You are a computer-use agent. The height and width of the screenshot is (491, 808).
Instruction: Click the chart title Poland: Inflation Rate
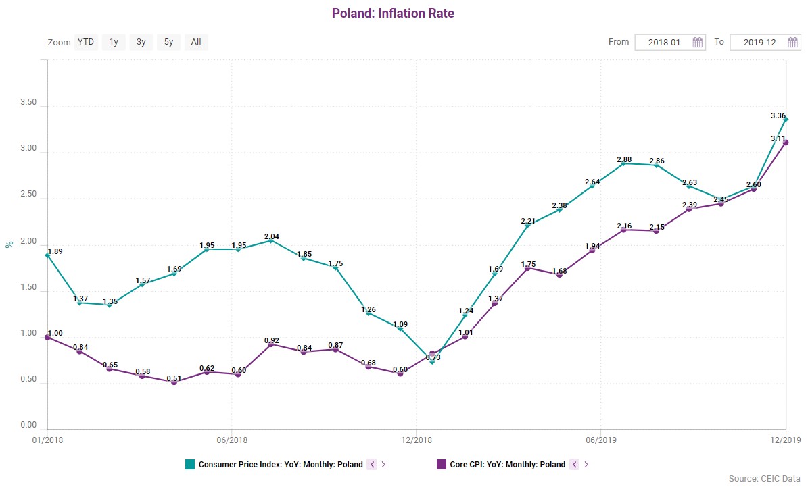(393, 14)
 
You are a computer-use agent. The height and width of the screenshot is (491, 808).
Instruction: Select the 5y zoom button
(168, 42)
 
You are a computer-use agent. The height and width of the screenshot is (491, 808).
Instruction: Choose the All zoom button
(196, 42)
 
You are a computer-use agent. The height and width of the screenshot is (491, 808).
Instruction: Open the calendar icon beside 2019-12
(793, 43)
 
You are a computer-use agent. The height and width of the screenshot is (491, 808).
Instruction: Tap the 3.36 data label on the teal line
(778, 116)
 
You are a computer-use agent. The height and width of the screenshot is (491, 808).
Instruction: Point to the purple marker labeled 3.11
(786, 143)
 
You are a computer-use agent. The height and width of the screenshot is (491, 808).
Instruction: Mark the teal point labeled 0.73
(432, 362)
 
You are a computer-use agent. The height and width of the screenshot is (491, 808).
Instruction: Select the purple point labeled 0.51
(174, 382)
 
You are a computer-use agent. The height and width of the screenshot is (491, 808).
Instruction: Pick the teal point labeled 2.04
(271, 240)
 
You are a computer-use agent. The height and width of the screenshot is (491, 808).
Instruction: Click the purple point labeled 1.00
(47, 337)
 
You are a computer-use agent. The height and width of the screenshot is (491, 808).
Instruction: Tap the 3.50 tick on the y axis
(28, 106)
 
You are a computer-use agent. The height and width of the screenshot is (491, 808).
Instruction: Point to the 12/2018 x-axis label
(417, 440)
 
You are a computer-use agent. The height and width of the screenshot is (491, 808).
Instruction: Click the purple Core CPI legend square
(442, 464)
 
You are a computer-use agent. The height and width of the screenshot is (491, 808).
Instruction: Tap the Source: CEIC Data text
(764, 479)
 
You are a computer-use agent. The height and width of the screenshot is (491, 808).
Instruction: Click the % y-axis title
(9, 244)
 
